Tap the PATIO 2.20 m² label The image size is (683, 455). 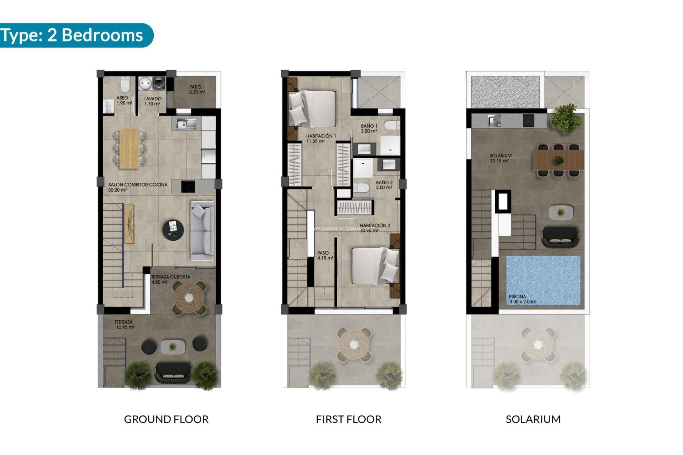[197, 90]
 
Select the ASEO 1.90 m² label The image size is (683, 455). [124, 100]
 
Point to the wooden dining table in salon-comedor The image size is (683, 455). [129, 148]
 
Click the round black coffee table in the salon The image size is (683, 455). [173, 229]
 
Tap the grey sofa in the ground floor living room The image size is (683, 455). [203, 231]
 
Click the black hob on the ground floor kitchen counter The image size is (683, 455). [188, 187]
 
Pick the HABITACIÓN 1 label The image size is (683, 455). [321, 138]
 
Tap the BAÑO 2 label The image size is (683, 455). [384, 185]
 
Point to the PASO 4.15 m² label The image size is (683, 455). [325, 255]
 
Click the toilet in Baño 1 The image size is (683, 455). [392, 125]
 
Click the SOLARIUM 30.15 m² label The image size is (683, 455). [500, 158]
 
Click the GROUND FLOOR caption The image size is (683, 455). [166, 419]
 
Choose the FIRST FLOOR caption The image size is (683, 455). [348, 419]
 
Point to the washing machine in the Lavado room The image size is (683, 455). [159, 83]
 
